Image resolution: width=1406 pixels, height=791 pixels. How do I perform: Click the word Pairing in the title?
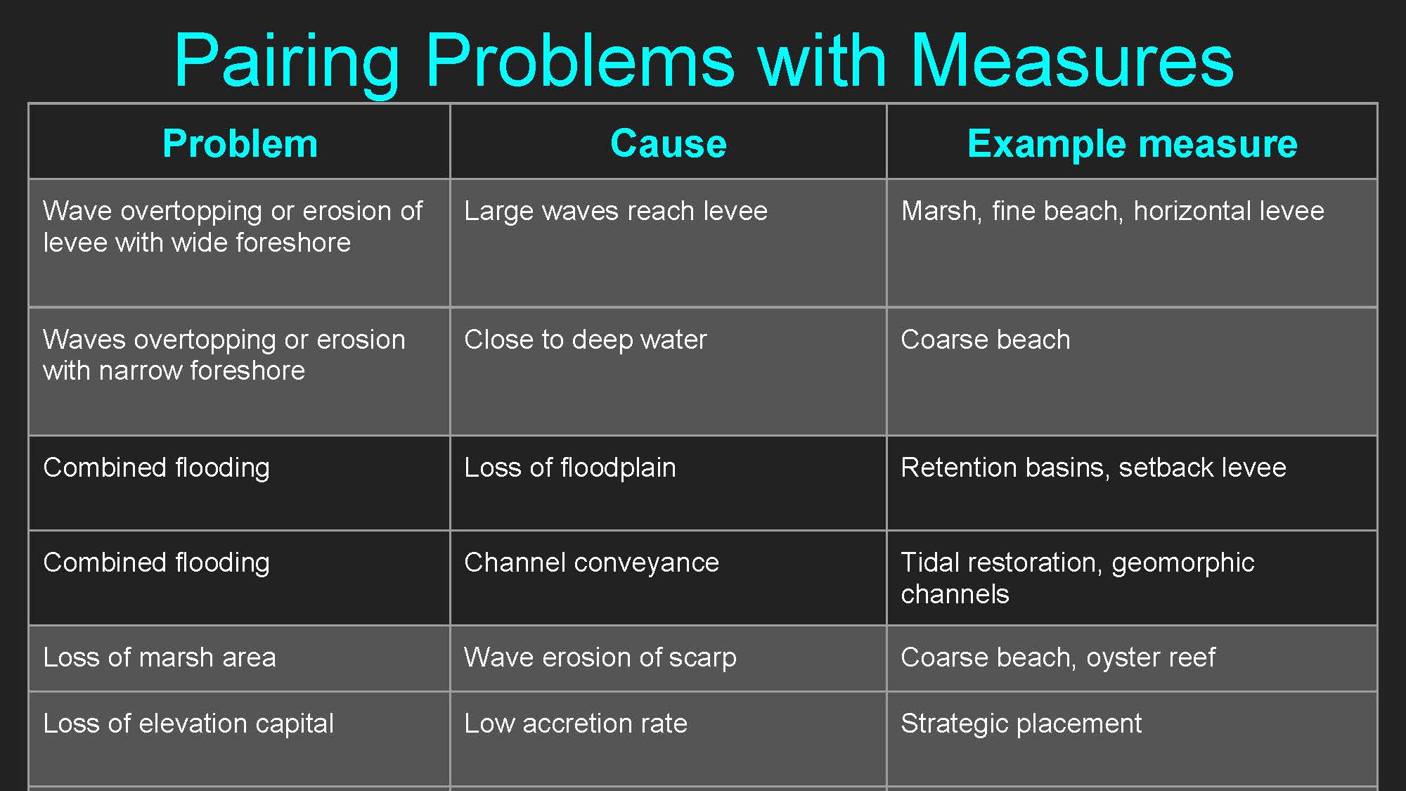287,62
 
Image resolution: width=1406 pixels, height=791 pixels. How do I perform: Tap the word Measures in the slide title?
1072,60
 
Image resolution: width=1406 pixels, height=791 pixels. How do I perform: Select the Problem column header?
240,143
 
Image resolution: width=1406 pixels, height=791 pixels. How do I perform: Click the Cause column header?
668,143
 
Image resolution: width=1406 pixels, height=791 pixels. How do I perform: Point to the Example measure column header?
1132,144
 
